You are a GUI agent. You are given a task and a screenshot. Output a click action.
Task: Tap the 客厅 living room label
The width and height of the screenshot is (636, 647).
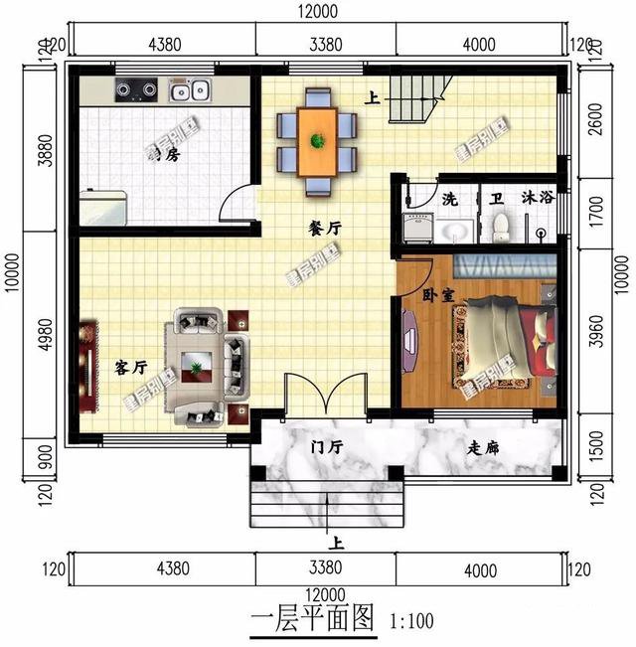pos(131,368)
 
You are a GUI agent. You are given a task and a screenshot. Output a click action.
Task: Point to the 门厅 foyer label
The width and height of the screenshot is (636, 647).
pos(325,448)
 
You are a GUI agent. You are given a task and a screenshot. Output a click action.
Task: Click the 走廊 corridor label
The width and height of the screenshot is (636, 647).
pos(483,448)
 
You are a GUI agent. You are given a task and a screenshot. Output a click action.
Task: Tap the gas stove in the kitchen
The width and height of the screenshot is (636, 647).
pos(137,91)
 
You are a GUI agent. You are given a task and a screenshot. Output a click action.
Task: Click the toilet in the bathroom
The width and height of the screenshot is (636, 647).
pos(501,226)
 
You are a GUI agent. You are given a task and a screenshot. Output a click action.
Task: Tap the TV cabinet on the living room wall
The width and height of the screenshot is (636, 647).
pos(87,366)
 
